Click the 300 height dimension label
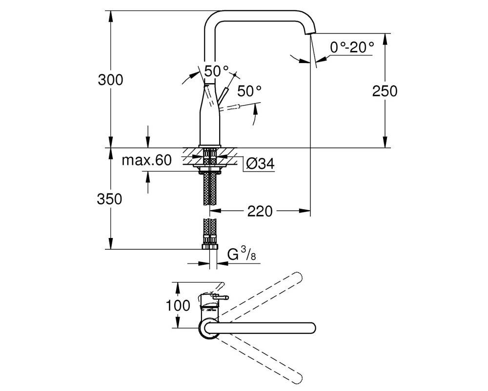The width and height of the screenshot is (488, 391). [x=110, y=80]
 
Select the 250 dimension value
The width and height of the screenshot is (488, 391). [x=385, y=91]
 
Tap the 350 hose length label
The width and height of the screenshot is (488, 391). [x=109, y=199]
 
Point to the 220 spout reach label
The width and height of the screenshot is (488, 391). [x=260, y=212]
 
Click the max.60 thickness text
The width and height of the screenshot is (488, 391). [x=146, y=160]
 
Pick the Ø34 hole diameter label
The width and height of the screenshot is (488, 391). [x=261, y=163]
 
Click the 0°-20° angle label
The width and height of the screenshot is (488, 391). [x=352, y=47]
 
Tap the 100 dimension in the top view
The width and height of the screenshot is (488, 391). [x=178, y=305]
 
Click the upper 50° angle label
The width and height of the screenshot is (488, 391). [x=216, y=71]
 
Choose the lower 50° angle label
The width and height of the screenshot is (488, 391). [x=249, y=91]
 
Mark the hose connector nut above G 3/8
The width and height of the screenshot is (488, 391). [x=210, y=246]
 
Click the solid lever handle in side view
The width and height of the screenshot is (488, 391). [x=224, y=95]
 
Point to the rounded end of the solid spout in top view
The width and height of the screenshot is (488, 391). [x=311, y=328]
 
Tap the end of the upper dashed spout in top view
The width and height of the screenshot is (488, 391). [x=298, y=278]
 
